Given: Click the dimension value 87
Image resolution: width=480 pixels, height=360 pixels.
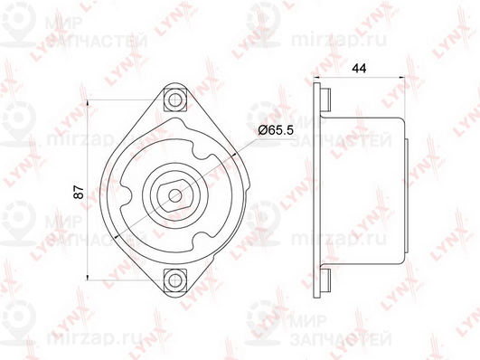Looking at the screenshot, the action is pyautogui.click(x=80, y=192).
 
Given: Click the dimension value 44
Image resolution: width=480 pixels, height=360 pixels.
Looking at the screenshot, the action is pyautogui.click(x=359, y=69).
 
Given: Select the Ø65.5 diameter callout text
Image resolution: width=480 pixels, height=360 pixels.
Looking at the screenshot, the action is pyautogui.click(x=276, y=130).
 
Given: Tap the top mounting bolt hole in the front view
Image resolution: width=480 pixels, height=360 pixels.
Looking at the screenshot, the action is pyautogui.click(x=175, y=99).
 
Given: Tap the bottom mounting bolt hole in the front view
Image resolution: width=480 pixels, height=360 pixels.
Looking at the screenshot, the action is pyautogui.click(x=175, y=279).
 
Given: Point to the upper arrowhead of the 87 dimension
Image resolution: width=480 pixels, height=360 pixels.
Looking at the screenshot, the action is pyautogui.click(x=88, y=103).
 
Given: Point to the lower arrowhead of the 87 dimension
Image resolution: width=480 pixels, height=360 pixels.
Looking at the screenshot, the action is pyautogui.click(x=88, y=276).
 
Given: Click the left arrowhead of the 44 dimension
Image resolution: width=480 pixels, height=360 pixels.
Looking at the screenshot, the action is pyautogui.click(x=317, y=77).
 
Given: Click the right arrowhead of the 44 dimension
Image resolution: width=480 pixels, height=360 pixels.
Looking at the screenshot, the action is pyautogui.click(x=401, y=77).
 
